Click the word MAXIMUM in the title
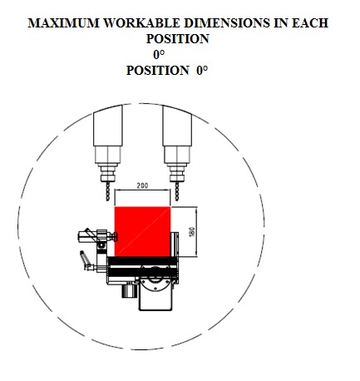(63, 22)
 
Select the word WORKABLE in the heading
(141, 22)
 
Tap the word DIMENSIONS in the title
(226, 22)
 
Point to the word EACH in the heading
(310, 22)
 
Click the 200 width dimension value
(142, 186)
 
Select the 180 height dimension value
(191, 232)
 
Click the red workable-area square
(142, 231)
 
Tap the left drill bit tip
(108, 200)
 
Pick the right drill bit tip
(177, 200)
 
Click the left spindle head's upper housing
(108, 126)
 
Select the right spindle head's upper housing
(177, 126)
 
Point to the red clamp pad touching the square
(116, 236)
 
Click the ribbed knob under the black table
(129, 290)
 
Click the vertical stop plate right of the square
(174, 245)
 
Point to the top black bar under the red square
(143, 260)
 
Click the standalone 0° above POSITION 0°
(159, 55)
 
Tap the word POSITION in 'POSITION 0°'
(158, 71)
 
